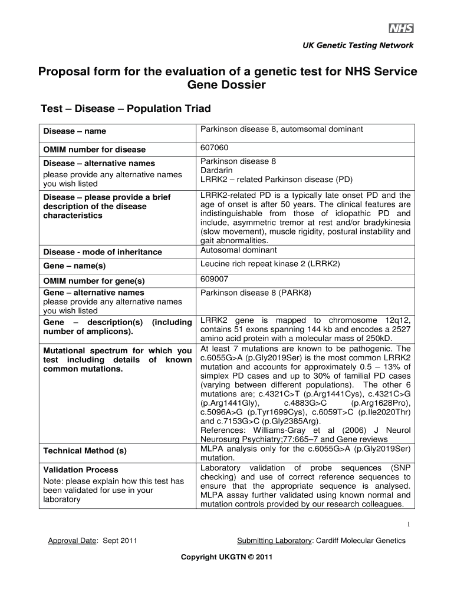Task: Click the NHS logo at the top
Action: [400, 29]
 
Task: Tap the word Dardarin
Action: [216, 170]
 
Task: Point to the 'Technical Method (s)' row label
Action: [85, 451]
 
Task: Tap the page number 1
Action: [409, 524]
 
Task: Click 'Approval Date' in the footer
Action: [71, 541]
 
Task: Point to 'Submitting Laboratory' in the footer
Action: [274, 541]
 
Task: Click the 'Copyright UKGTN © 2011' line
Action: [227, 556]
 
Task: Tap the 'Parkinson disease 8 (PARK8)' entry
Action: [255, 293]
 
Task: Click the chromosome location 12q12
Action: [397, 320]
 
